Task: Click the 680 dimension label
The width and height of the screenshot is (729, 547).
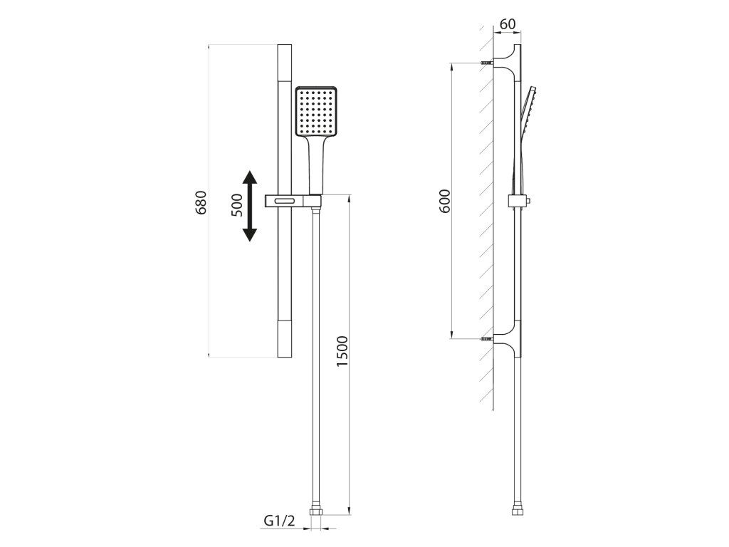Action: pos(200,202)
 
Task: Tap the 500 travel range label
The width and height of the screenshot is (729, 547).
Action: pos(237,205)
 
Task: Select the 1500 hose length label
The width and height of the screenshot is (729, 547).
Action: pos(342,350)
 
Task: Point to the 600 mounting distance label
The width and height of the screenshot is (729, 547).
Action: pos(445,201)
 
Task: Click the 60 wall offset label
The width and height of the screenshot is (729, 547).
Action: pos(507,24)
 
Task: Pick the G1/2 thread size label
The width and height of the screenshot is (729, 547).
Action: pos(279,521)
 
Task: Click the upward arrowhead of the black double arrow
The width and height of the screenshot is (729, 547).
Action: pos(250,178)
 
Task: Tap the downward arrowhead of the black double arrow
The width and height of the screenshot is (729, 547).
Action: pos(250,234)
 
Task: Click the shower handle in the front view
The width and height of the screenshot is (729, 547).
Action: pos(315,165)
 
